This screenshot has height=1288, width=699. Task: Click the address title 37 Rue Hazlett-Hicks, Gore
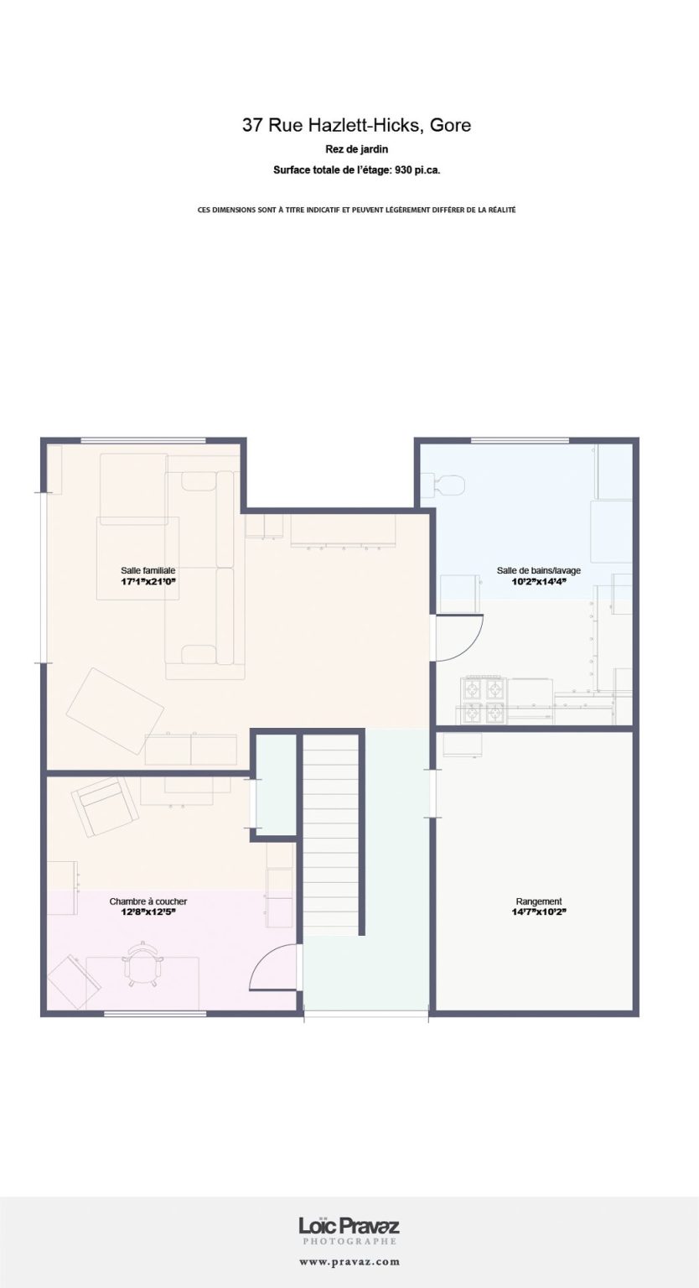[356, 125]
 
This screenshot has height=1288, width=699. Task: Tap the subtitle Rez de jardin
[356, 149]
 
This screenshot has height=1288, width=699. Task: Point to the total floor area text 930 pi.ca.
[417, 170]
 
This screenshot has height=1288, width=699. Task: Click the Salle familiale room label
[148, 570]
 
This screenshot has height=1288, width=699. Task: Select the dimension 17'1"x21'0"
[148, 581]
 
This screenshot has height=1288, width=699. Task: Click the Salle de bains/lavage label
[539, 570]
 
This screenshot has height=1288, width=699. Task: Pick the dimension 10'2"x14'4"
[539, 581]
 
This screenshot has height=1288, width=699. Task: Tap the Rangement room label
[539, 901]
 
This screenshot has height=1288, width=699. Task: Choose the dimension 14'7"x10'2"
[539, 912]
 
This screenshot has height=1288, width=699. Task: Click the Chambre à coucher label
[148, 901]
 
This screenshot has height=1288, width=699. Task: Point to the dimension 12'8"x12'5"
[148, 912]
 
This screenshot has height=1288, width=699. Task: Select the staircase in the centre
[330, 834]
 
